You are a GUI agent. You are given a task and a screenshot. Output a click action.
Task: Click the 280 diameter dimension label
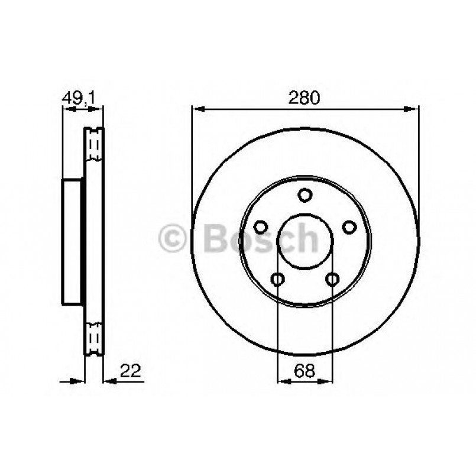[305, 98]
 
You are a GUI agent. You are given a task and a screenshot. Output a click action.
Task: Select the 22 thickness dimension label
[129, 371]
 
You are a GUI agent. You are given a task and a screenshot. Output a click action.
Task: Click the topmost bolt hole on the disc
[305, 195]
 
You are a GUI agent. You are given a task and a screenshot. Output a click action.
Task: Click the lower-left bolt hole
[278, 279]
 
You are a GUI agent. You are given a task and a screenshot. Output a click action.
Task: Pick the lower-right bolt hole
[332, 279]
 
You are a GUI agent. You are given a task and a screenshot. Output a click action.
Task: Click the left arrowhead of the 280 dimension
[197, 109]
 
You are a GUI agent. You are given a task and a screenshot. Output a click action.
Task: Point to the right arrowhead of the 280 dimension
[413, 109]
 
